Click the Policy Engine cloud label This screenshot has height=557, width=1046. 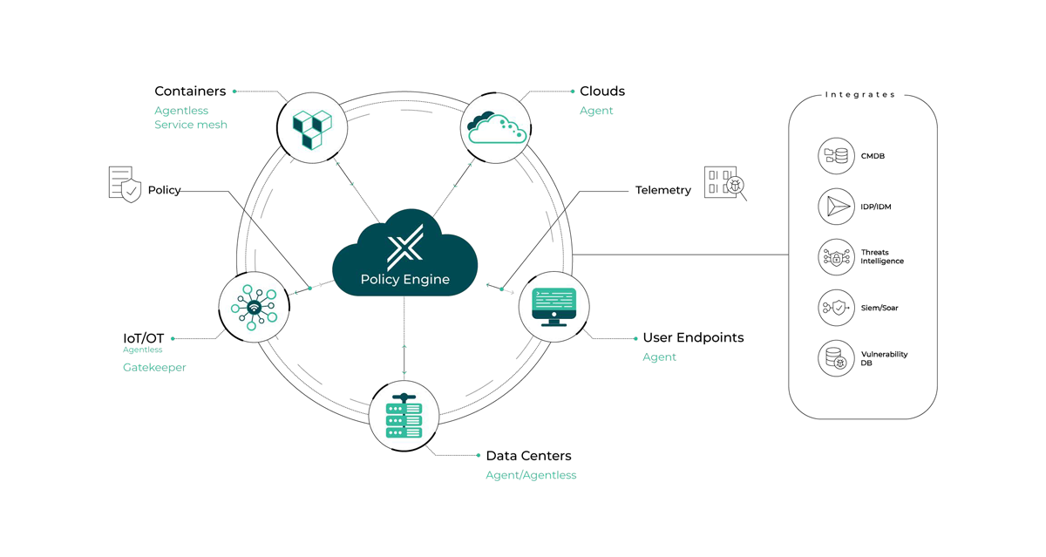(x=405, y=280)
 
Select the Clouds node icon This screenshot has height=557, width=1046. (x=496, y=128)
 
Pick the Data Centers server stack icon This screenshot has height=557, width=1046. (x=404, y=416)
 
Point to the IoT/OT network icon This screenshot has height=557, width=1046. (x=254, y=308)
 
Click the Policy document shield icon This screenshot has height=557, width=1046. (x=125, y=185)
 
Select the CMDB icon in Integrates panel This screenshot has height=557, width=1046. (x=836, y=156)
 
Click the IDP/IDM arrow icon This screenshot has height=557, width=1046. (x=836, y=207)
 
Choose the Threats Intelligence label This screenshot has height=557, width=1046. (x=882, y=257)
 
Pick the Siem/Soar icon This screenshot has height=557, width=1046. (x=836, y=308)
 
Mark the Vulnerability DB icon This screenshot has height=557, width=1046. (x=836, y=358)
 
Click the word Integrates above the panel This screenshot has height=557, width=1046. (x=860, y=95)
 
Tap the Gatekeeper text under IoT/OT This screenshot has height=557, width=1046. (x=154, y=368)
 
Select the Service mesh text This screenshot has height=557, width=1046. (x=191, y=125)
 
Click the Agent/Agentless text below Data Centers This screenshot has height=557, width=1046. (x=531, y=475)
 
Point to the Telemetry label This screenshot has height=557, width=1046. (x=663, y=190)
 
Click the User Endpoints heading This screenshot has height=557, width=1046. (x=693, y=337)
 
